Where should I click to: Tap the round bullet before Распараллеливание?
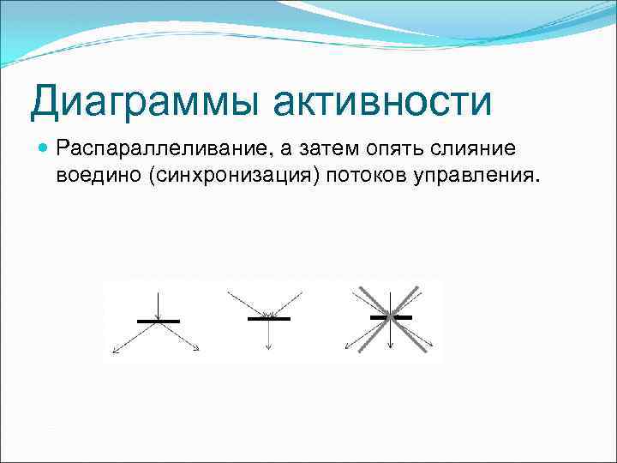click(x=44, y=148)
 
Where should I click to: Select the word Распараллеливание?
click(x=159, y=149)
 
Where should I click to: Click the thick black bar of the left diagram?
click(x=159, y=321)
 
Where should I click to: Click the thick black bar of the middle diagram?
click(x=268, y=319)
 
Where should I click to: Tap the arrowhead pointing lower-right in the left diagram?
click(x=197, y=348)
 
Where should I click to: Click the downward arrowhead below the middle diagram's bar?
click(x=269, y=347)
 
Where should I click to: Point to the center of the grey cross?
click(x=390, y=316)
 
